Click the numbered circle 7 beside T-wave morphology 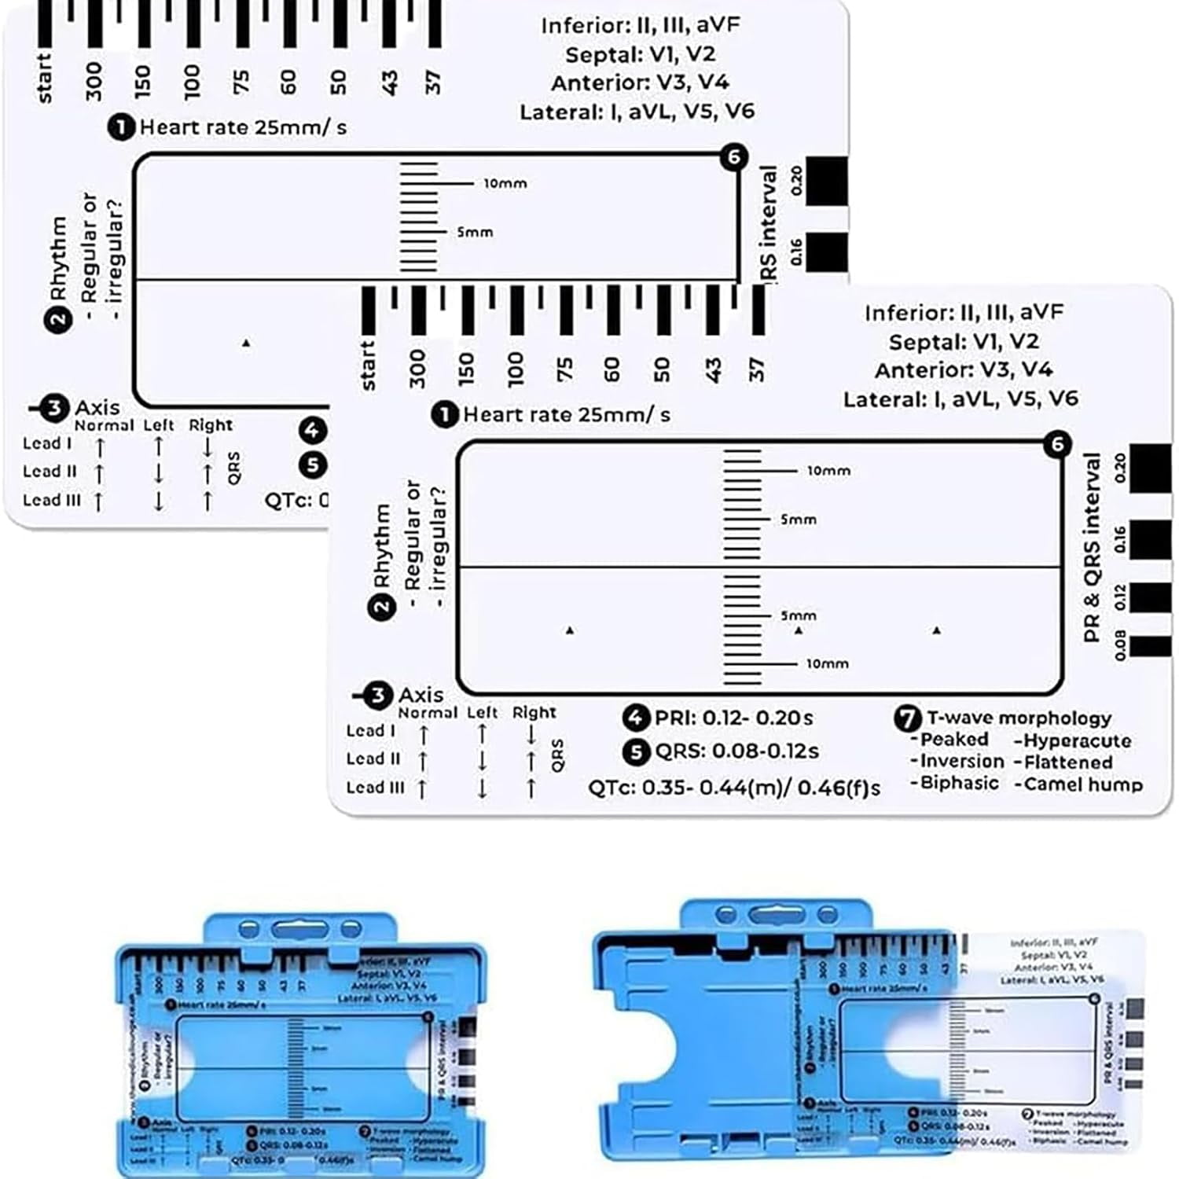click(x=907, y=718)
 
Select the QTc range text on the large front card click(x=734, y=788)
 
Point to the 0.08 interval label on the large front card click(x=1120, y=645)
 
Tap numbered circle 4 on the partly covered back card click(x=312, y=431)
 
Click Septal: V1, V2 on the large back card click(x=640, y=54)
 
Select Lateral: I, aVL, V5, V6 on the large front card click(x=960, y=399)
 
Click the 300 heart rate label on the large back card click(x=94, y=82)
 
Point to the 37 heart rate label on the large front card click(x=755, y=369)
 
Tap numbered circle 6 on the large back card click(x=733, y=157)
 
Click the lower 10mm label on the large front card click(x=828, y=663)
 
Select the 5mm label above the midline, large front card click(x=799, y=520)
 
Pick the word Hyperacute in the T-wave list click(x=1077, y=740)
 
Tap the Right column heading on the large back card click(x=210, y=425)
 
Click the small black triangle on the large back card click(x=246, y=343)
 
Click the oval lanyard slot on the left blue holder click(x=300, y=931)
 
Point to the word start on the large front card click(x=368, y=365)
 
